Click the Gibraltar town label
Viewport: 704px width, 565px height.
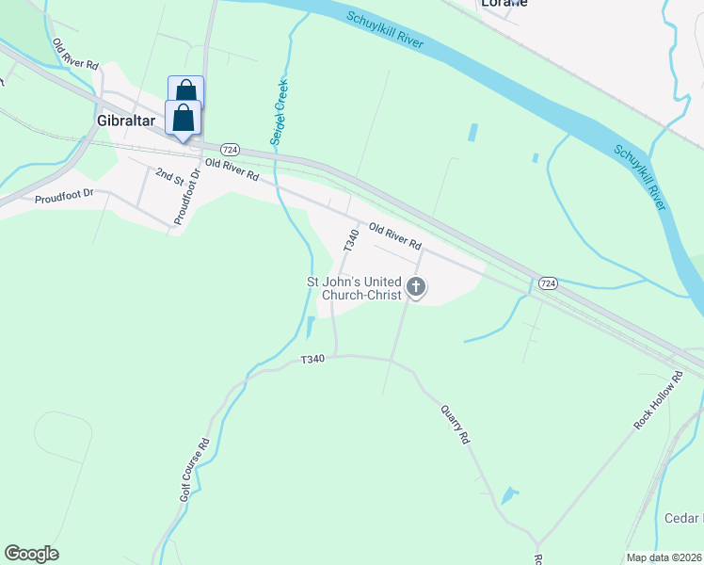point(125,121)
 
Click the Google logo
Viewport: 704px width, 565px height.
point(31,554)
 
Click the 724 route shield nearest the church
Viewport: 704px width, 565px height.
point(549,283)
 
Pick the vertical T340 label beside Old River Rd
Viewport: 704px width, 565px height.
point(352,239)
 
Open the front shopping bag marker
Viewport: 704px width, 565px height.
point(183,120)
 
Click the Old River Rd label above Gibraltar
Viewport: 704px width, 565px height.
point(75,56)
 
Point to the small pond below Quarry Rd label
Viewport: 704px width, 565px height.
point(509,494)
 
